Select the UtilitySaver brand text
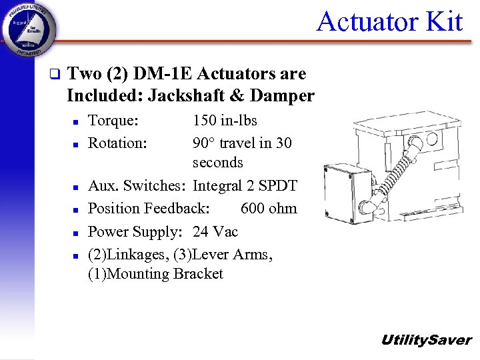[x=425, y=340]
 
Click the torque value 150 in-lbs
[x=225, y=121]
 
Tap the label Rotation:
[x=117, y=143]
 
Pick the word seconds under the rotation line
[x=218, y=163]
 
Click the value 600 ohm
[x=269, y=209]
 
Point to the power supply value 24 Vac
[x=215, y=231]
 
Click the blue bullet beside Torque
[x=77, y=122]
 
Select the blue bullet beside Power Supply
[x=77, y=233]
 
